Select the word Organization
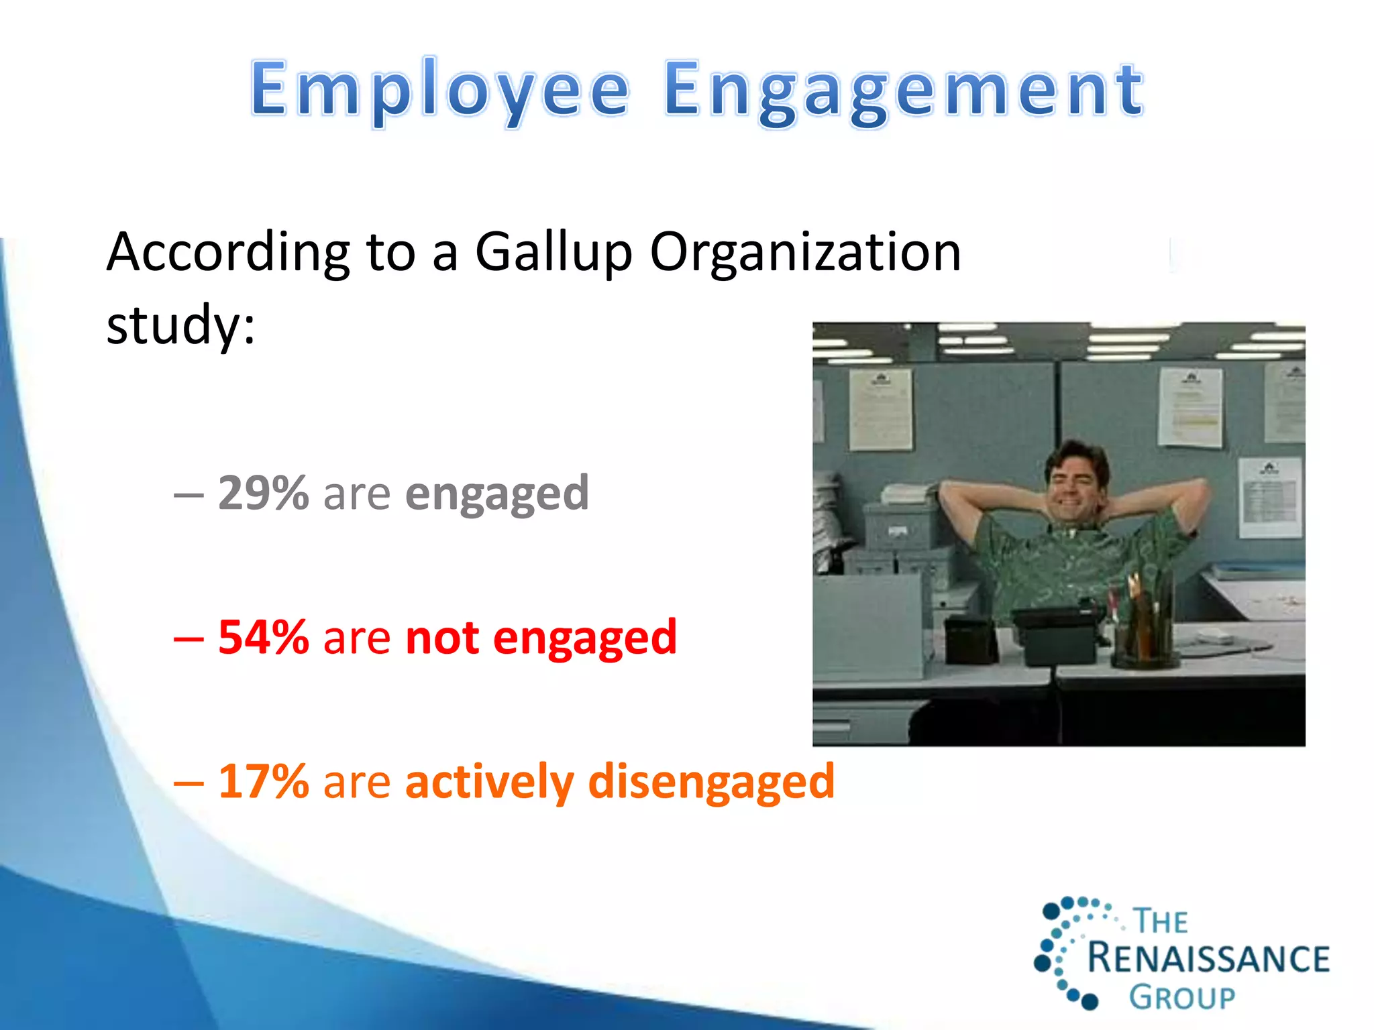click(x=805, y=253)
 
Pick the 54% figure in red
click(x=263, y=637)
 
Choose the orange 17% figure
click(x=263, y=781)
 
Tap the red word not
click(x=442, y=637)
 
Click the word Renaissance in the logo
click(x=1208, y=958)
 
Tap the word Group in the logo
click(x=1181, y=998)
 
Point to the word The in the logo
click(x=1161, y=921)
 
